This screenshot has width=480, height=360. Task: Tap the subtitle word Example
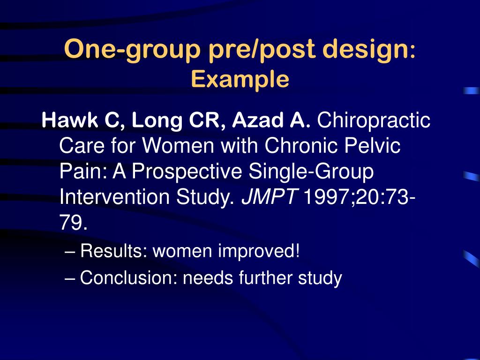click(x=240, y=79)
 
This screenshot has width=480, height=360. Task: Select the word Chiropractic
click(x=374, y=121)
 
